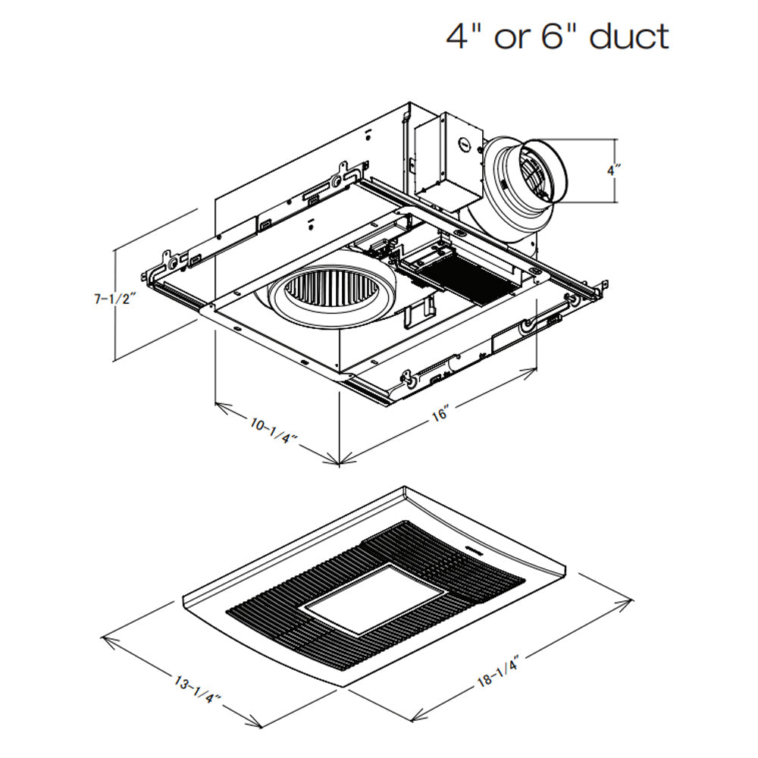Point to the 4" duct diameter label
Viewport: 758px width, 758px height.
point(614,170)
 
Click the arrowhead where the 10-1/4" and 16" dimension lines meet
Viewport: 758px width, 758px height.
point(339,460)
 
